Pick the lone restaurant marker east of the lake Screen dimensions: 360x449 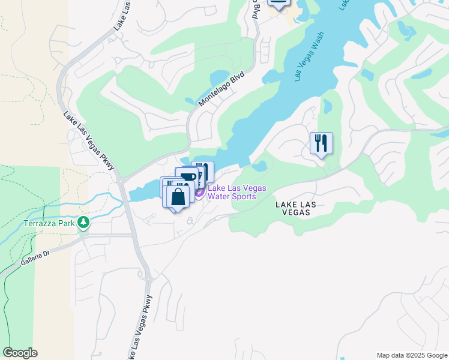click(x=321, y=143)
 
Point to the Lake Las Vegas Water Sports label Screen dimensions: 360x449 click(x=237, y=192)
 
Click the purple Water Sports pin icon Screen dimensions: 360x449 click(x=199, y=192)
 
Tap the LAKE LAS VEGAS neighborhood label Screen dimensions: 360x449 click(x=296, y=209)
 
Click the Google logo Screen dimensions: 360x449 click(x=20, y=353)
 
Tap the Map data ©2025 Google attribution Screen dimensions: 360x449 click(x=412, y=355)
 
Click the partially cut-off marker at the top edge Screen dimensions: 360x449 click(x=277, y=3)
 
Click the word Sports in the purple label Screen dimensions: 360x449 click(x=244, y=196)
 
